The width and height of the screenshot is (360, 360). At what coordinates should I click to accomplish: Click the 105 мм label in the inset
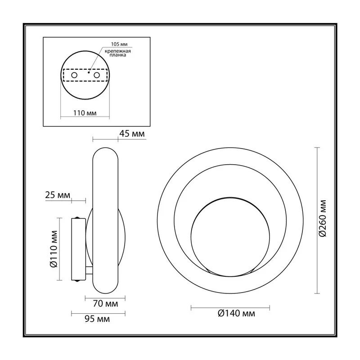coord(119,44)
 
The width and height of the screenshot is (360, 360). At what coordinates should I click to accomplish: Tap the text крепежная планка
coord(118,53)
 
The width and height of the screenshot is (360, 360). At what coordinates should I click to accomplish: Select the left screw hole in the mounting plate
coord(74,75)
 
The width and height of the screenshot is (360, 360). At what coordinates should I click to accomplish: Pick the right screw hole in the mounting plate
coord(97,75)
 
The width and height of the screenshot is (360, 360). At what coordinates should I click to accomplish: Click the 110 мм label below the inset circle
coord(85,113)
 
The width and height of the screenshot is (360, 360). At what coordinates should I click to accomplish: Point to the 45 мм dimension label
coord(132,134)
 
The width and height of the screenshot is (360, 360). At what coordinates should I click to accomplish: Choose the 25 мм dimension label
coord(58,195)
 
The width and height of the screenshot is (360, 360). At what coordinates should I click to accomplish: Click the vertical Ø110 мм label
coord(54,249)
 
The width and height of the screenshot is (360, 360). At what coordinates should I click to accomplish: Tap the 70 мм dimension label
coord(105,304)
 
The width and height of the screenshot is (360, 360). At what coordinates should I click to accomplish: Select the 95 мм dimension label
coord(97,319)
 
